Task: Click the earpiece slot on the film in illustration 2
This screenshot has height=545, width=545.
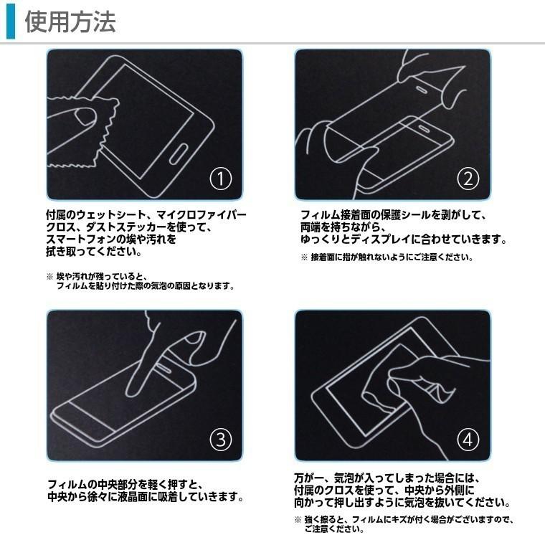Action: point(422,88)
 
